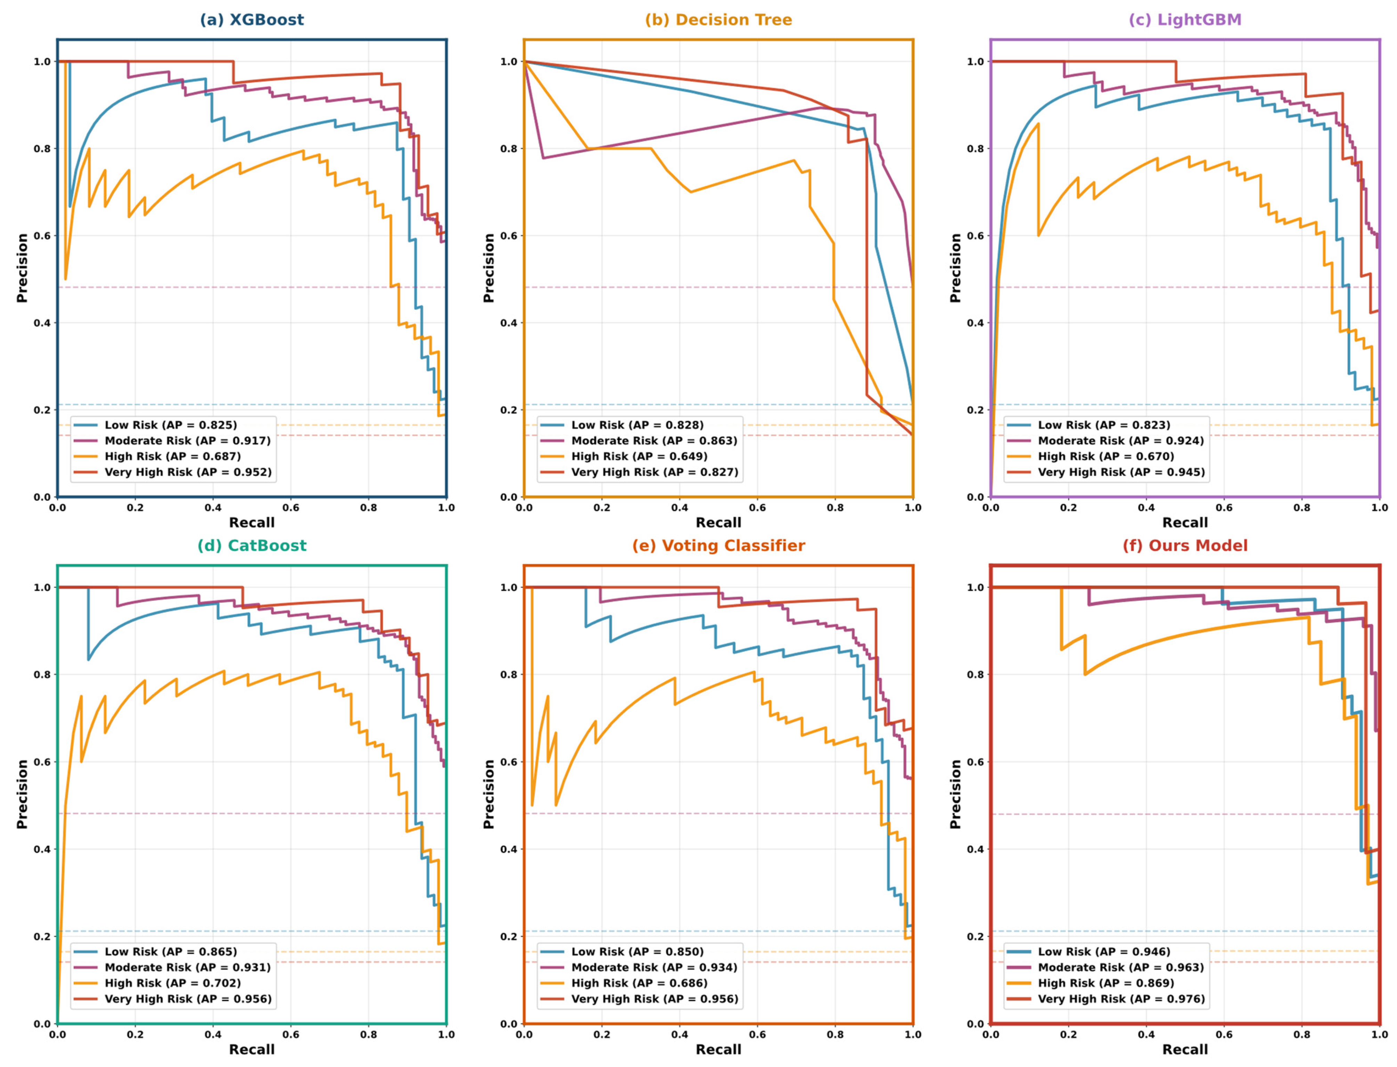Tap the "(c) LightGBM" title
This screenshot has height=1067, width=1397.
(x=1184, y=20)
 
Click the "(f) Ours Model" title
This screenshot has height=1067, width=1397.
(x=1184, y=545)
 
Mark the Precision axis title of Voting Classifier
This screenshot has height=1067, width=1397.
(x=488, y=794)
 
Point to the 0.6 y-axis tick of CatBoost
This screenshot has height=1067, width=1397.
(x=42, y=762)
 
